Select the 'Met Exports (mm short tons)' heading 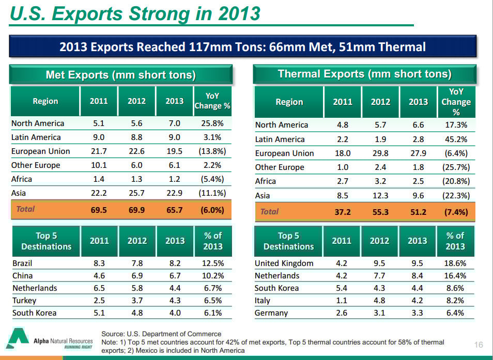(120, 75)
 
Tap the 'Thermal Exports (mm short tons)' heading (364, 74)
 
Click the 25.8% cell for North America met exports (212, 123)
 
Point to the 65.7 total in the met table (174, 210)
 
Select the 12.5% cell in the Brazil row (212, 263)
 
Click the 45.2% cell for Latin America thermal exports (456, 139)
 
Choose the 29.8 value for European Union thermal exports (380, 153)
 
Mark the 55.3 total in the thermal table (380, 212)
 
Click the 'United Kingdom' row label (284, 263)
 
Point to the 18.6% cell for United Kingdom (455, 263)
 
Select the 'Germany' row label (271, 312)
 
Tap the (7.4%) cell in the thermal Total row (455, 212)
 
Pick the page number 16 (478, 345)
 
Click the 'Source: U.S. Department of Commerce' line (161, 334)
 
